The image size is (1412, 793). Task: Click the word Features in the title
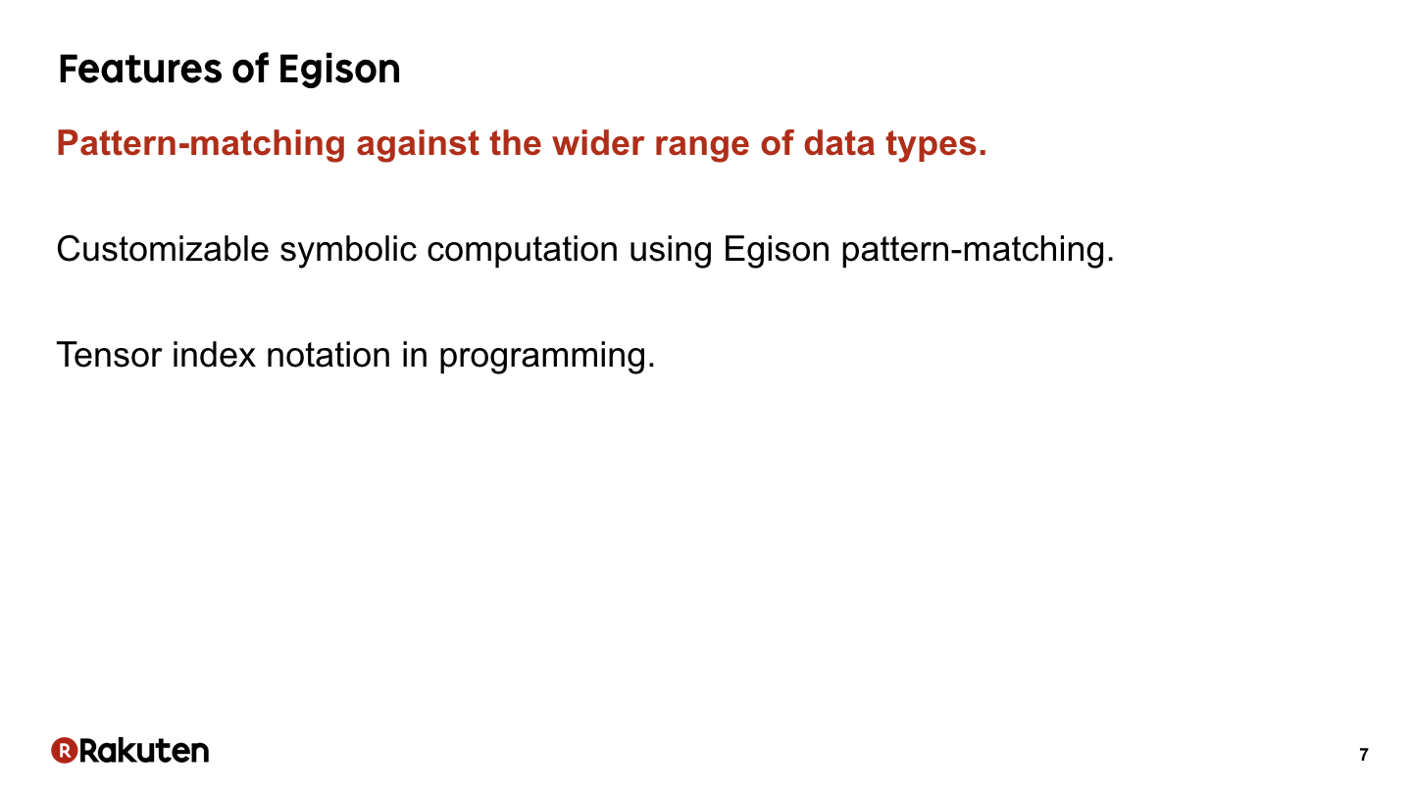coord(140,69)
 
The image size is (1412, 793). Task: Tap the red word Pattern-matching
coord(201,143)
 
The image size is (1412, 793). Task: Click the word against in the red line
coord(418,144)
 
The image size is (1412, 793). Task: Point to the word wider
coord(597,143)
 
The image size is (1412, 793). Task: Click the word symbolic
coord(348,250)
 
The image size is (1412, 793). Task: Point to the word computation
coord(523,250)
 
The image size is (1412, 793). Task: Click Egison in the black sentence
coord(777,250)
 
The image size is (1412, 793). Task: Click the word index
coord(214,355)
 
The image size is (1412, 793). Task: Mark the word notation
coord(328,355)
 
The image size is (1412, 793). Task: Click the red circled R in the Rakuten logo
coord(65,750)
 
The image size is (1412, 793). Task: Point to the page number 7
coord(1363,755)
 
